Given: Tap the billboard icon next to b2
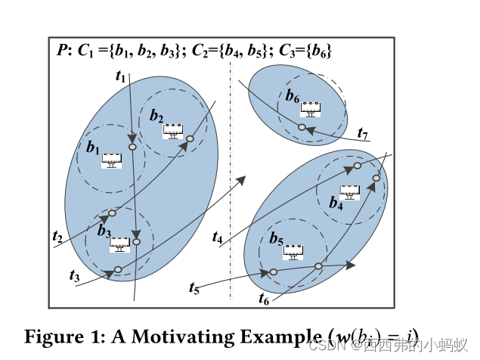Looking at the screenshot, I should (x=175, y=131).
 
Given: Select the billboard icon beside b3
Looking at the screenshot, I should (x=120, y=244).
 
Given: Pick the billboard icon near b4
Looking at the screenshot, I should (x=349, y=192).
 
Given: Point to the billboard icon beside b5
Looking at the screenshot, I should (x=293, y=253).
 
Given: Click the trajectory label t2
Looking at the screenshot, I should (x=57, y=237).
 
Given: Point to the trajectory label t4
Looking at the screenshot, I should (x=218, y=237).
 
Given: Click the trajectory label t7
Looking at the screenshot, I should (x=362, y=135).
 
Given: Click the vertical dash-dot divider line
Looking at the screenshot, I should (x=231, y=189).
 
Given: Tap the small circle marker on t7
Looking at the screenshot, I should (x=302, y=127).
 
